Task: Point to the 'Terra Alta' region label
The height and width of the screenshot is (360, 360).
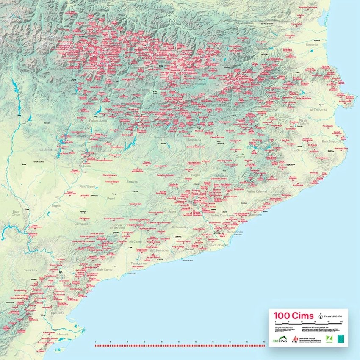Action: (x=30, y=270)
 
